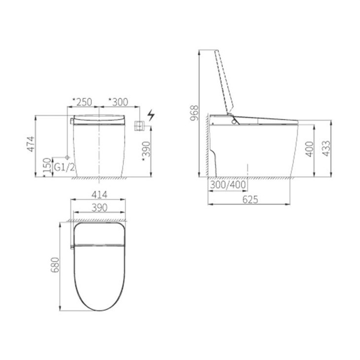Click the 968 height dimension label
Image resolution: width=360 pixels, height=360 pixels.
[x=194, y=112]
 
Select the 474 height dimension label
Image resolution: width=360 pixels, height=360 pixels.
[x=31, y=144]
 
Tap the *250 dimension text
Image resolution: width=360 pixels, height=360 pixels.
[x=82, y=102]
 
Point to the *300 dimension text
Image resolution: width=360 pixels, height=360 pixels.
[x=117, y=102]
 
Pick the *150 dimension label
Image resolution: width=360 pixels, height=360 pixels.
[x=47, y=167]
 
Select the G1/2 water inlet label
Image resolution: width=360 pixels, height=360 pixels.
[x=64, y=167]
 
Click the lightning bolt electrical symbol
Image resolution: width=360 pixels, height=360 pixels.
[x=151, y=116]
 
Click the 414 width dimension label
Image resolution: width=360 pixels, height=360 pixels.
[x=99, y=195]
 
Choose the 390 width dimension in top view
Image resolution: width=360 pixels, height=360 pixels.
[x=99, y=208]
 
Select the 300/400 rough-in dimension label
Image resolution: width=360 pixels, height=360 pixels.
[x=228, y=184]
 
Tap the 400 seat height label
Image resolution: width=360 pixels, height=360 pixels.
[x=309, y=148]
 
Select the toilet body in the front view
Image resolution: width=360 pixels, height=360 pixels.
[x=99, y=148]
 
